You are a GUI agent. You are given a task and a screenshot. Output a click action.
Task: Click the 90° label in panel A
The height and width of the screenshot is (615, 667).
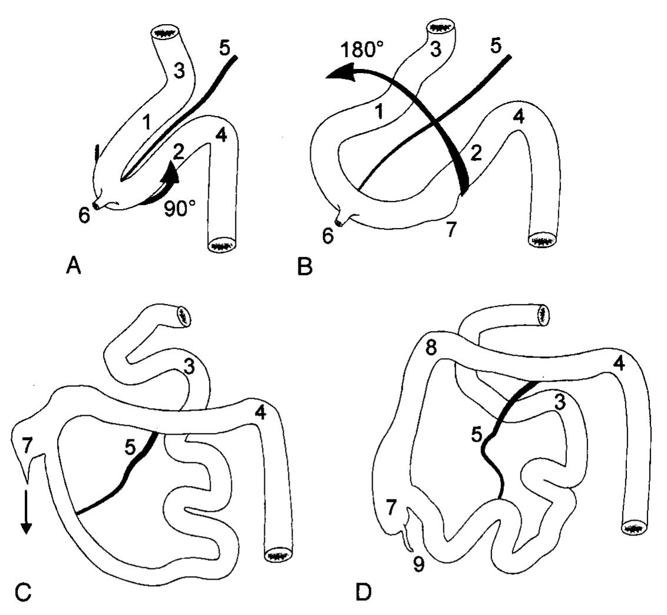coord(180,210)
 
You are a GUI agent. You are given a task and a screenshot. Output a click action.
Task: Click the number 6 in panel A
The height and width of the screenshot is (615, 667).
coord(85,216)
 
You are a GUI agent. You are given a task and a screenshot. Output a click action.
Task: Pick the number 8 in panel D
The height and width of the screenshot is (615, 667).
coord(432,347)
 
